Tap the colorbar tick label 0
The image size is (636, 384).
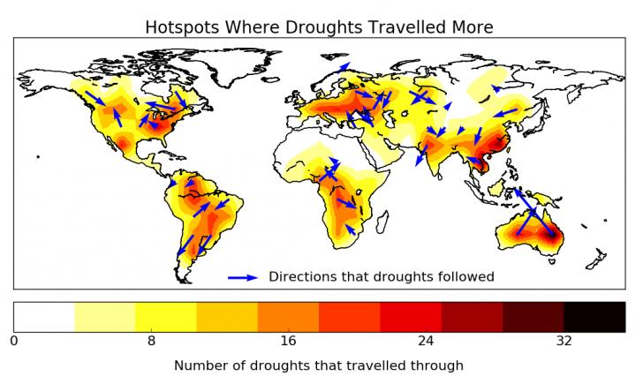(13, 340)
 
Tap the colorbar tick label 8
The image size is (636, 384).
(151, 340)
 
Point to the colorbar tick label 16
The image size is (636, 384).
(289, 340)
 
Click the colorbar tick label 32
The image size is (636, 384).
(564, 340)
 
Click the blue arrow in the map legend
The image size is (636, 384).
(243, 277)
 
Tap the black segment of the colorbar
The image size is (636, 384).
(594, 315)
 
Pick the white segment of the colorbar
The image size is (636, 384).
(44, 315)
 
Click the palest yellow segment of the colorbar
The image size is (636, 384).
(105, 315)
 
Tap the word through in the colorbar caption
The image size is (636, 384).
(438, 364)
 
